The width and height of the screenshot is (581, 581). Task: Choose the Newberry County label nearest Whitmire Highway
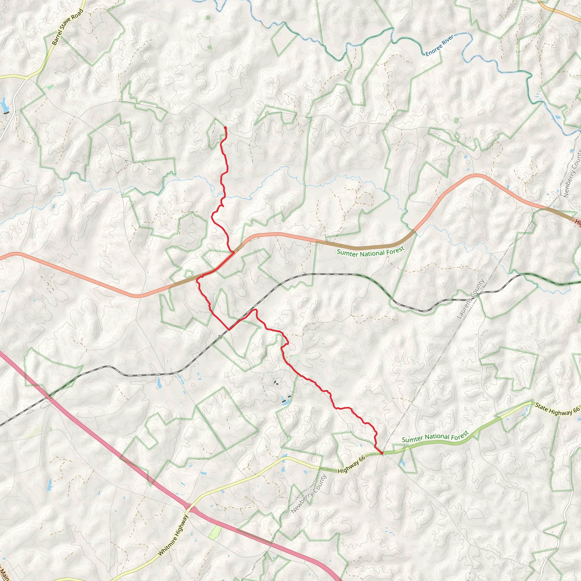[309, 494]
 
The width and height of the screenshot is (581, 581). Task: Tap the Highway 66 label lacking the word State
[351, 464]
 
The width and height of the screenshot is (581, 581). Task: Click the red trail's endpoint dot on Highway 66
[382, 452]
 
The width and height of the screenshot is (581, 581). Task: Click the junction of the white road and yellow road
[27, 78]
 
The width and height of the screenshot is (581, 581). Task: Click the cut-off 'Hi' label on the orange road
[578, 222]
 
